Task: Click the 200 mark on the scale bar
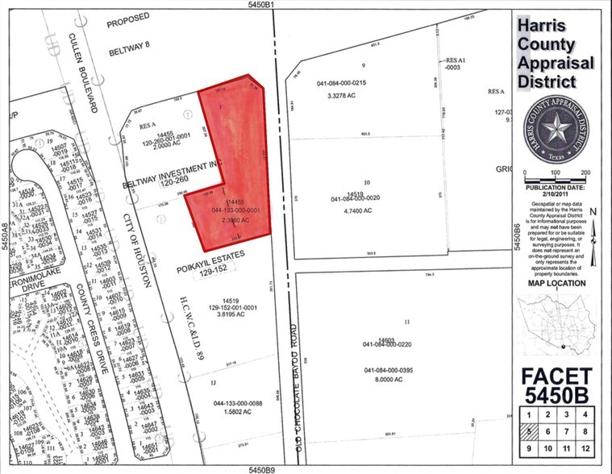point(585,173)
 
